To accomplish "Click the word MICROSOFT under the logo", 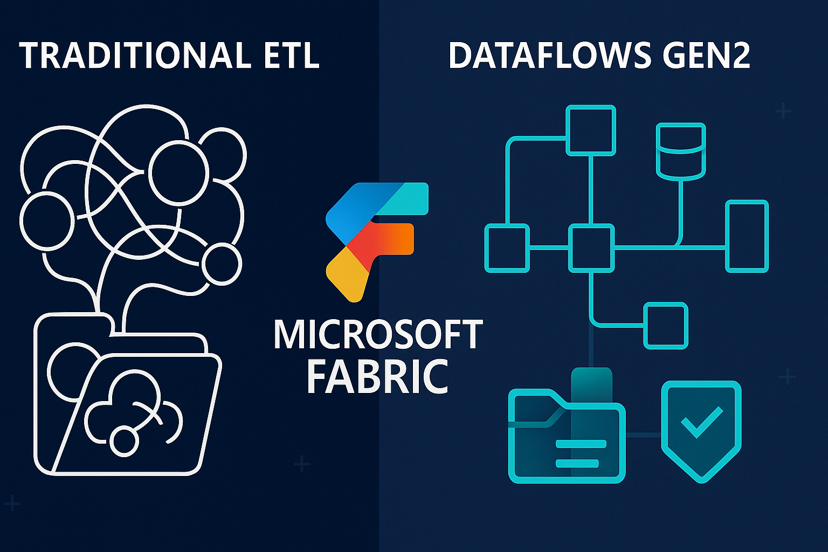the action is coord(377,335).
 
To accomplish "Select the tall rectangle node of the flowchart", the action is coord(747,236).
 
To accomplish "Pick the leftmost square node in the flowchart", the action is coord(507,248).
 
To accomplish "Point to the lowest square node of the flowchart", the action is coord(666,326).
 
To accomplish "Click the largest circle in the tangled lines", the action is coord(178,172).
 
